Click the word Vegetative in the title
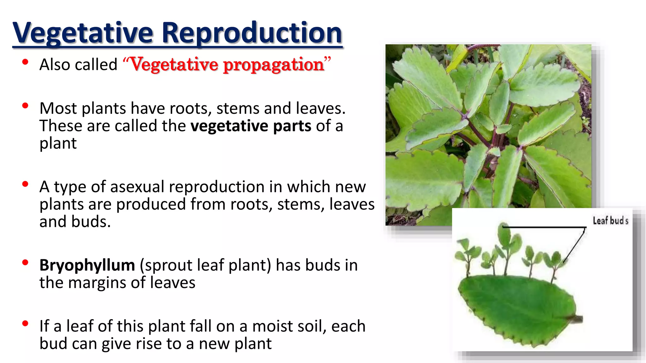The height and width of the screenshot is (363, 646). click(x=83, y=33)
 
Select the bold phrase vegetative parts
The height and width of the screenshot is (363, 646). click(x=251, y=126)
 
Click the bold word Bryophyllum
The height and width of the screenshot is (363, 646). click(x=87, y=265)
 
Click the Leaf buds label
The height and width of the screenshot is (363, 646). click(x=610, y=221)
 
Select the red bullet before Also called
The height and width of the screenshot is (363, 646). click(x=26, y=62)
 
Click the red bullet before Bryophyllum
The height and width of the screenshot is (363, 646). click(x=26, y=262)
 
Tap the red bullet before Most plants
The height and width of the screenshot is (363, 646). click(x=26, y=106)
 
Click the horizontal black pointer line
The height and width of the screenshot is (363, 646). click(x=543, y=227)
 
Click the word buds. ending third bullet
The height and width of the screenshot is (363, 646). click(x=91, y=222)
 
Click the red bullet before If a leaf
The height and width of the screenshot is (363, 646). click(x=26, y=324)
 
